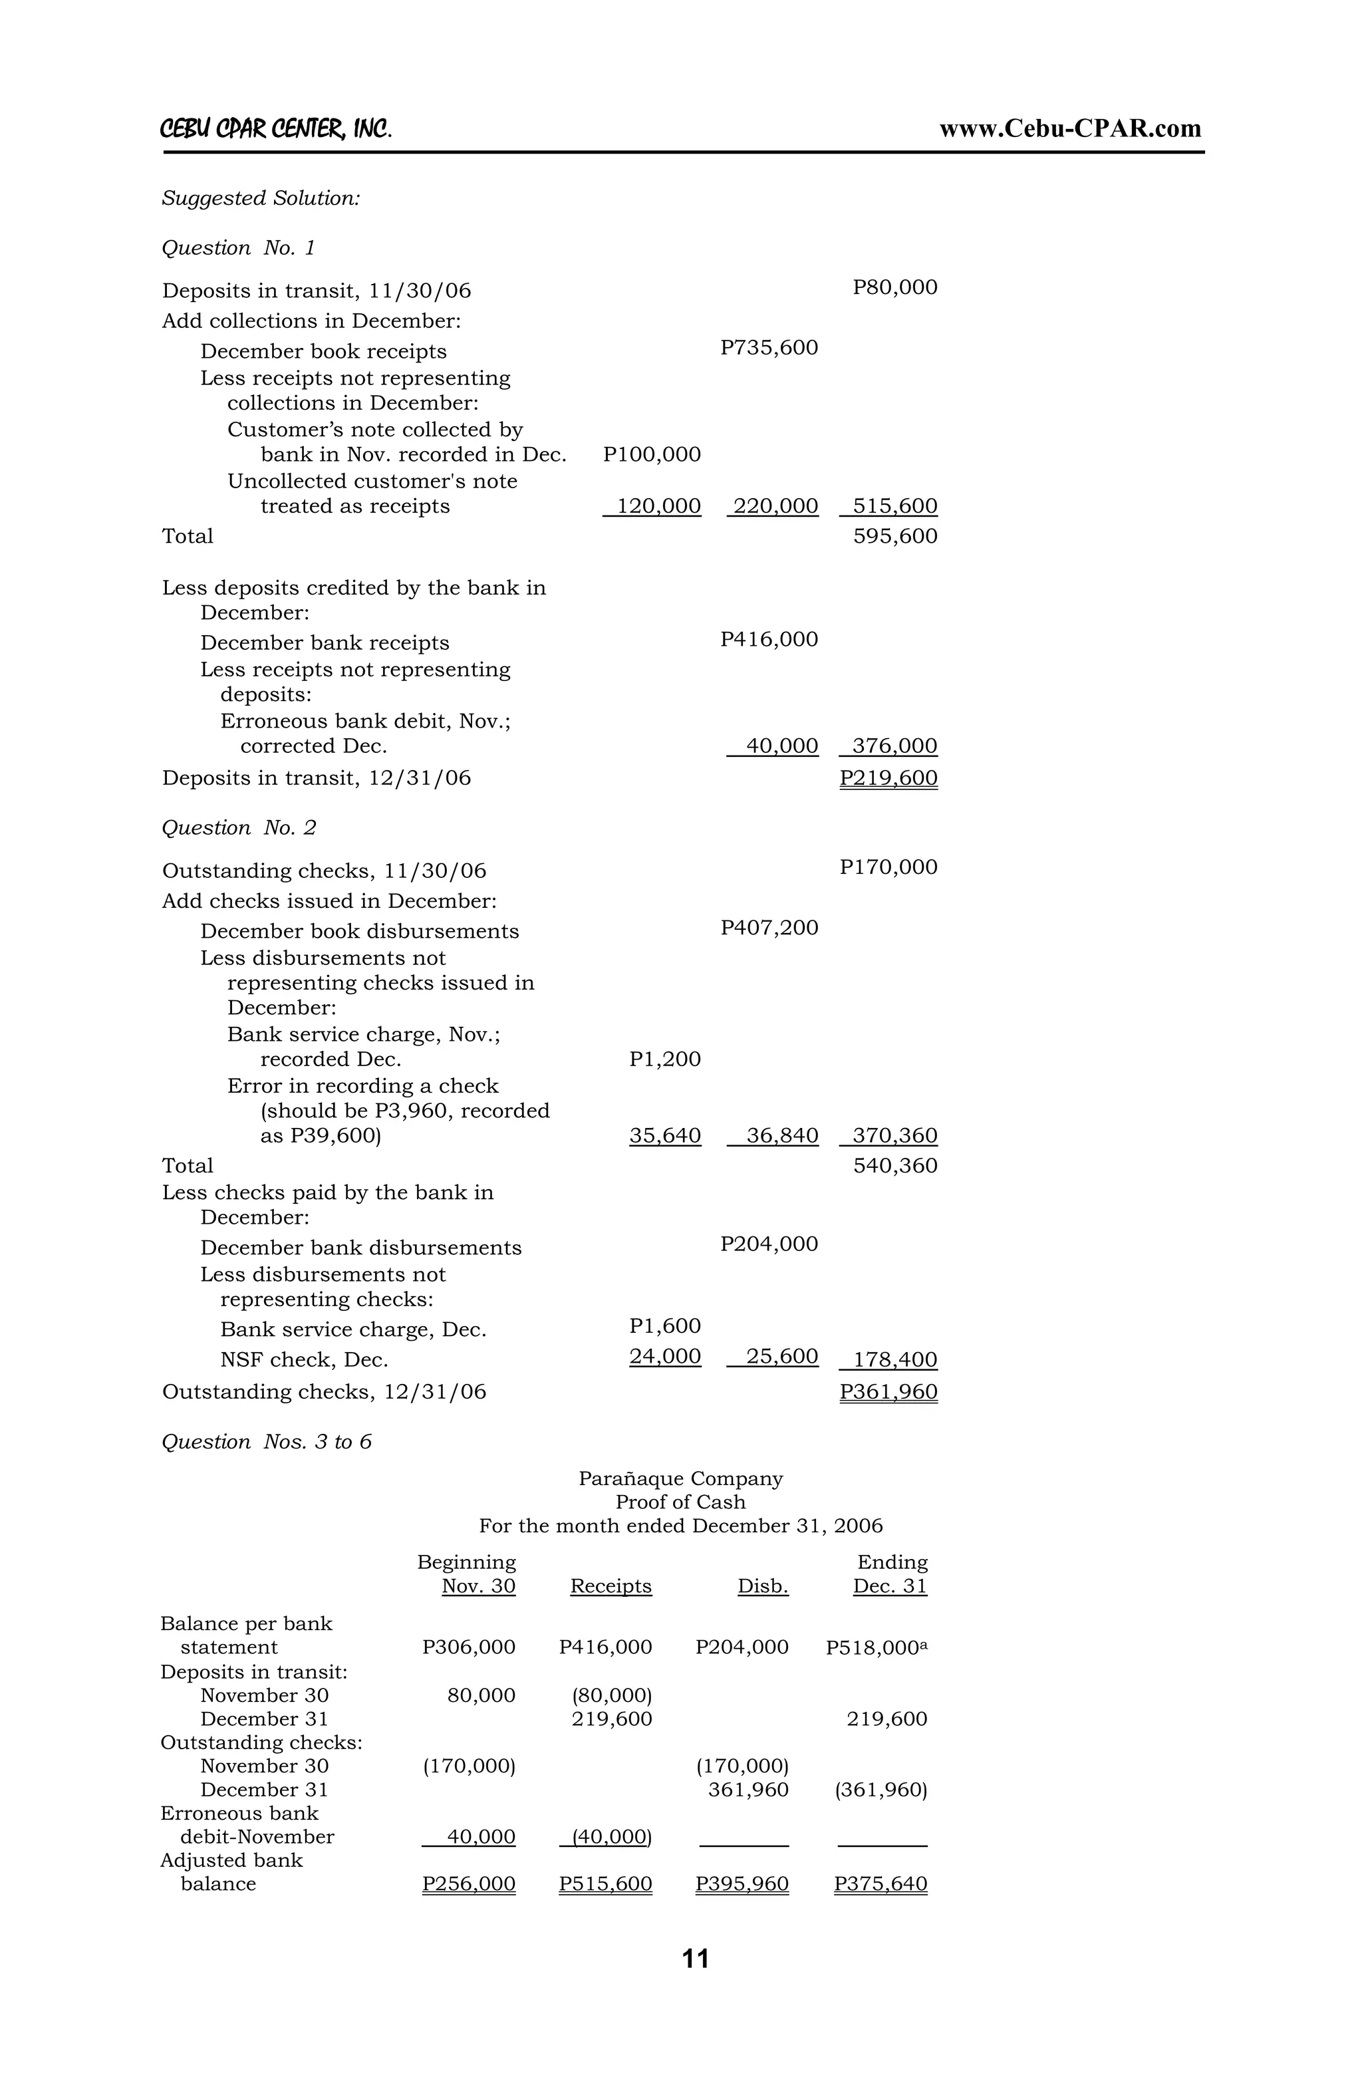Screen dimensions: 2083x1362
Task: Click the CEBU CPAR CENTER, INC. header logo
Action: pos(276,130)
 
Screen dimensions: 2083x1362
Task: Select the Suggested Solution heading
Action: pos(261,199)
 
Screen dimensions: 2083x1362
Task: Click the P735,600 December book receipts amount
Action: pos(769,348)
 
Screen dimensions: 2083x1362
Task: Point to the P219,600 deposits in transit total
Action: pos(888,778)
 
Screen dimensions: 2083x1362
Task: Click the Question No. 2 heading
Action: pos(239,828)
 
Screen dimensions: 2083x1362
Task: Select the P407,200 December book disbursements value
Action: pos(769,928)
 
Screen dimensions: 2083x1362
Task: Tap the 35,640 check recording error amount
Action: pos(664,1136)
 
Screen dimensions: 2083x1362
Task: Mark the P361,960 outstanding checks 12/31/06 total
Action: pos(888,1391)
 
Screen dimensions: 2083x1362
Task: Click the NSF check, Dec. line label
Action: pos(304,1360)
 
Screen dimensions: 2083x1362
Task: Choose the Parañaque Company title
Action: pos(680,1478)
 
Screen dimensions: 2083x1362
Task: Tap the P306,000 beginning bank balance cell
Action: pos(468,1647)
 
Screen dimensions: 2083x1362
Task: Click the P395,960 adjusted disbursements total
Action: pos(742,1883)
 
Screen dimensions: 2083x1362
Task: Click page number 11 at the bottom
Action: pos(695,1959)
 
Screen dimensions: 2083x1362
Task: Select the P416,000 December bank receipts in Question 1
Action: pos(769,640)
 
